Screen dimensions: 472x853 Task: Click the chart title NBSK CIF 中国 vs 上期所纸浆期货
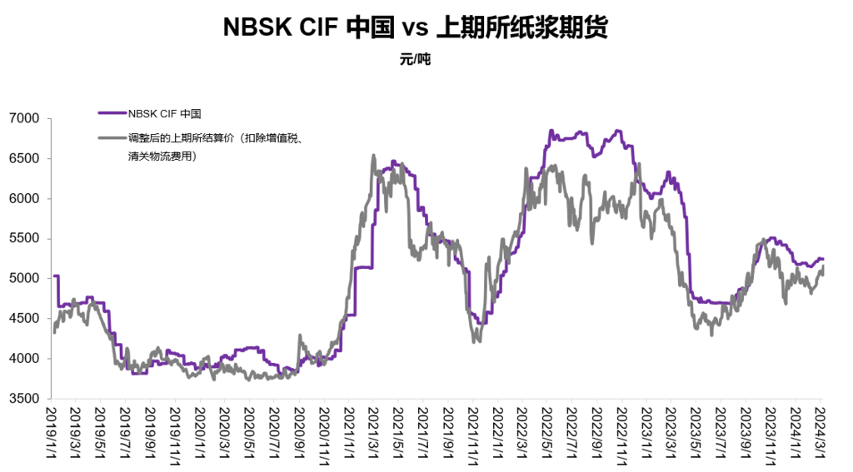pos(415,28)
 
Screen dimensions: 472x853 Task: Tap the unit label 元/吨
pos(415,59)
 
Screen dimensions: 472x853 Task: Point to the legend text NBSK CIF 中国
pos(164,113)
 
